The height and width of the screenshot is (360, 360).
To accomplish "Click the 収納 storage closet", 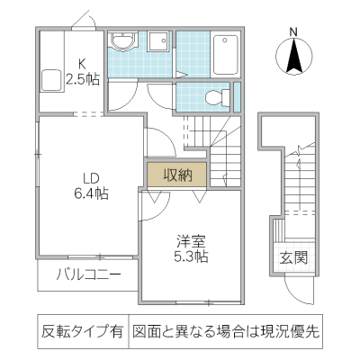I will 176,175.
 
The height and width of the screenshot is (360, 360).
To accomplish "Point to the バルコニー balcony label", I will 87,275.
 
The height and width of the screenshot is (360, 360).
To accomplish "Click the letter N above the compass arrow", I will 293,33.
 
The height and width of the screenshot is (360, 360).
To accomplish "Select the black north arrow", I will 293,59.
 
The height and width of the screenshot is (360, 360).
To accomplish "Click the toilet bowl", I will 214,97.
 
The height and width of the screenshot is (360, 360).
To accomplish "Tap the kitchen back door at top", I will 79,22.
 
